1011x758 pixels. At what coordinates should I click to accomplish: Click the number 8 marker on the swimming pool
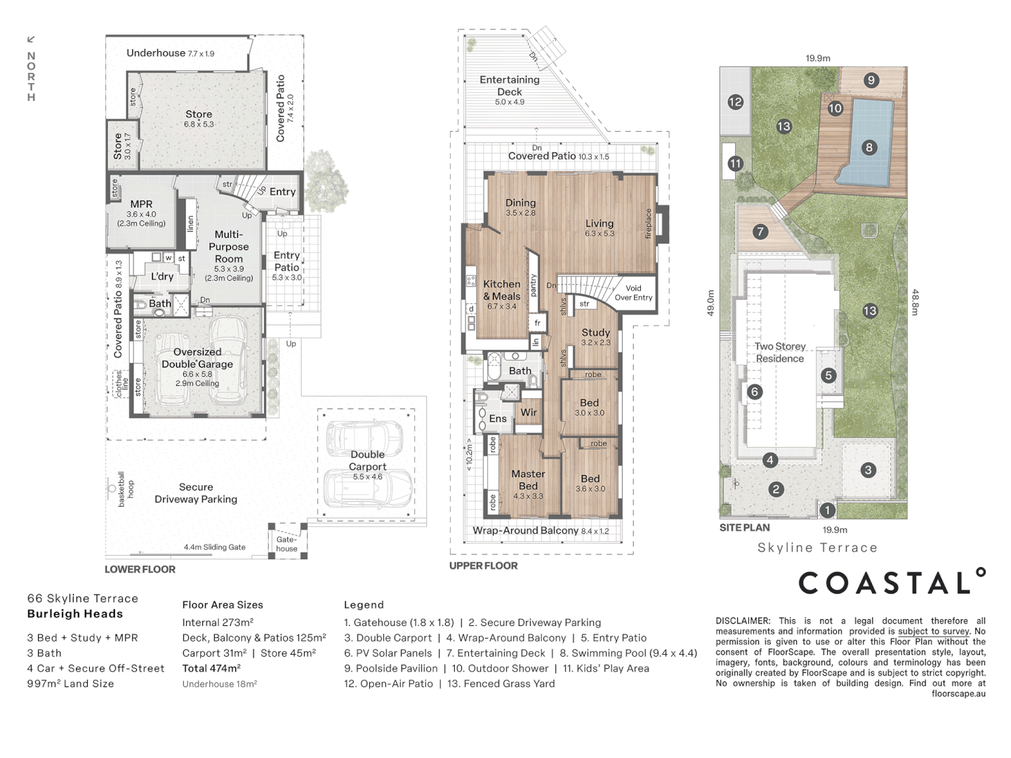868,147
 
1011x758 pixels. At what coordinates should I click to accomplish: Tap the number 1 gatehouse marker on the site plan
827,510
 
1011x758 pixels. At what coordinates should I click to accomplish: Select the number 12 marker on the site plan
735,102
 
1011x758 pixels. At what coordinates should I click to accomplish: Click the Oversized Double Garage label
197,367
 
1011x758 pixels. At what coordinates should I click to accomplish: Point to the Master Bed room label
528,484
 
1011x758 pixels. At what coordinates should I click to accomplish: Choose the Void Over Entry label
633,293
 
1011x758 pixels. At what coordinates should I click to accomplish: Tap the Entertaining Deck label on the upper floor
510,91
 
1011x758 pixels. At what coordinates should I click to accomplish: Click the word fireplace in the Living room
648,224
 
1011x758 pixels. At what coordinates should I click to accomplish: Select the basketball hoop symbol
112,488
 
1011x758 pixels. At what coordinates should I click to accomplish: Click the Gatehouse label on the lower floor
286,543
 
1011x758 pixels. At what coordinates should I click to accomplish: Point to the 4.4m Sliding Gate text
215,547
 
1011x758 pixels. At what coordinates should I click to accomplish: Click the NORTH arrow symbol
31,39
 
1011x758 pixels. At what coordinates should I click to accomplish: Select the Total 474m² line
211,667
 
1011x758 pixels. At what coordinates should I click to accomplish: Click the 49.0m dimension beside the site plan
711,302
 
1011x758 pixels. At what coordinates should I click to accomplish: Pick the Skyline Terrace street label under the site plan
817,547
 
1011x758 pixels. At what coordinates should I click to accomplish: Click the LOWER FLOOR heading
140,569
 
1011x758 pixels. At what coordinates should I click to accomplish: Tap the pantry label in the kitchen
534,286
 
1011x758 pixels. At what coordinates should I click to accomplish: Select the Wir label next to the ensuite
528,413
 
